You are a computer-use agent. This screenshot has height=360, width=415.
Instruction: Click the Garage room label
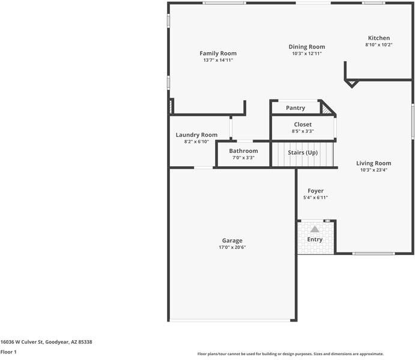[232, 241]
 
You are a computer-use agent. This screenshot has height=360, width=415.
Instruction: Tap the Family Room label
[218, 53]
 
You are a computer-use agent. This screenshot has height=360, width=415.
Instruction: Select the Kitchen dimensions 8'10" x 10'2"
[379, 44]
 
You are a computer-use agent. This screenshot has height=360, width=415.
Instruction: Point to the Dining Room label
[307, 47]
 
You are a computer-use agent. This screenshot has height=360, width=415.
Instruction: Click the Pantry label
[295, 108]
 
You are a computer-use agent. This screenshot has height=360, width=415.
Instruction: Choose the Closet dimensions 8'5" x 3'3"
[303, 131]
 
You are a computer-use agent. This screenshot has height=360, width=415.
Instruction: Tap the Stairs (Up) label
[303, 152]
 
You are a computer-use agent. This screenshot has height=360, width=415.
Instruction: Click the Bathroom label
[243, 151]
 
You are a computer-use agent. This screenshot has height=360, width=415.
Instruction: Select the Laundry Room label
[196, 135]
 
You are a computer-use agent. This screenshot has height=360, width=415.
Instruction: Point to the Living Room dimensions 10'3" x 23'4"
[374, 170]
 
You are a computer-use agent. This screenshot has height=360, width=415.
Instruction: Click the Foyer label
[315, 191]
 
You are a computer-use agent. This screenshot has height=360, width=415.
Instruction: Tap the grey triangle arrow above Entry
[315, 229]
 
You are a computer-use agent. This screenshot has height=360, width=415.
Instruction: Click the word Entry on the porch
[315, 239]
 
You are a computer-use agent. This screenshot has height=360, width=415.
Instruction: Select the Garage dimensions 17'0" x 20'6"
[232, 247]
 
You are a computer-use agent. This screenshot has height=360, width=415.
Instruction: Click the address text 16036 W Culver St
[22, 342]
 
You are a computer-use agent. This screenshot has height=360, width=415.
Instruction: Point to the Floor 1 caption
[8, 352]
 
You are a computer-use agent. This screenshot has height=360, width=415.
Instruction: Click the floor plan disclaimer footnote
[291, 353]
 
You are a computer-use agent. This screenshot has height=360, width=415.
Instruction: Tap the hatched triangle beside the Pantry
[326, 109]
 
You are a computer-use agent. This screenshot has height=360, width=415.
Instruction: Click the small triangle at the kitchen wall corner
[352, 83]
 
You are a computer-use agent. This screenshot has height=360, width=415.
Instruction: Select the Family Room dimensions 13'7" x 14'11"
[218, 60]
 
